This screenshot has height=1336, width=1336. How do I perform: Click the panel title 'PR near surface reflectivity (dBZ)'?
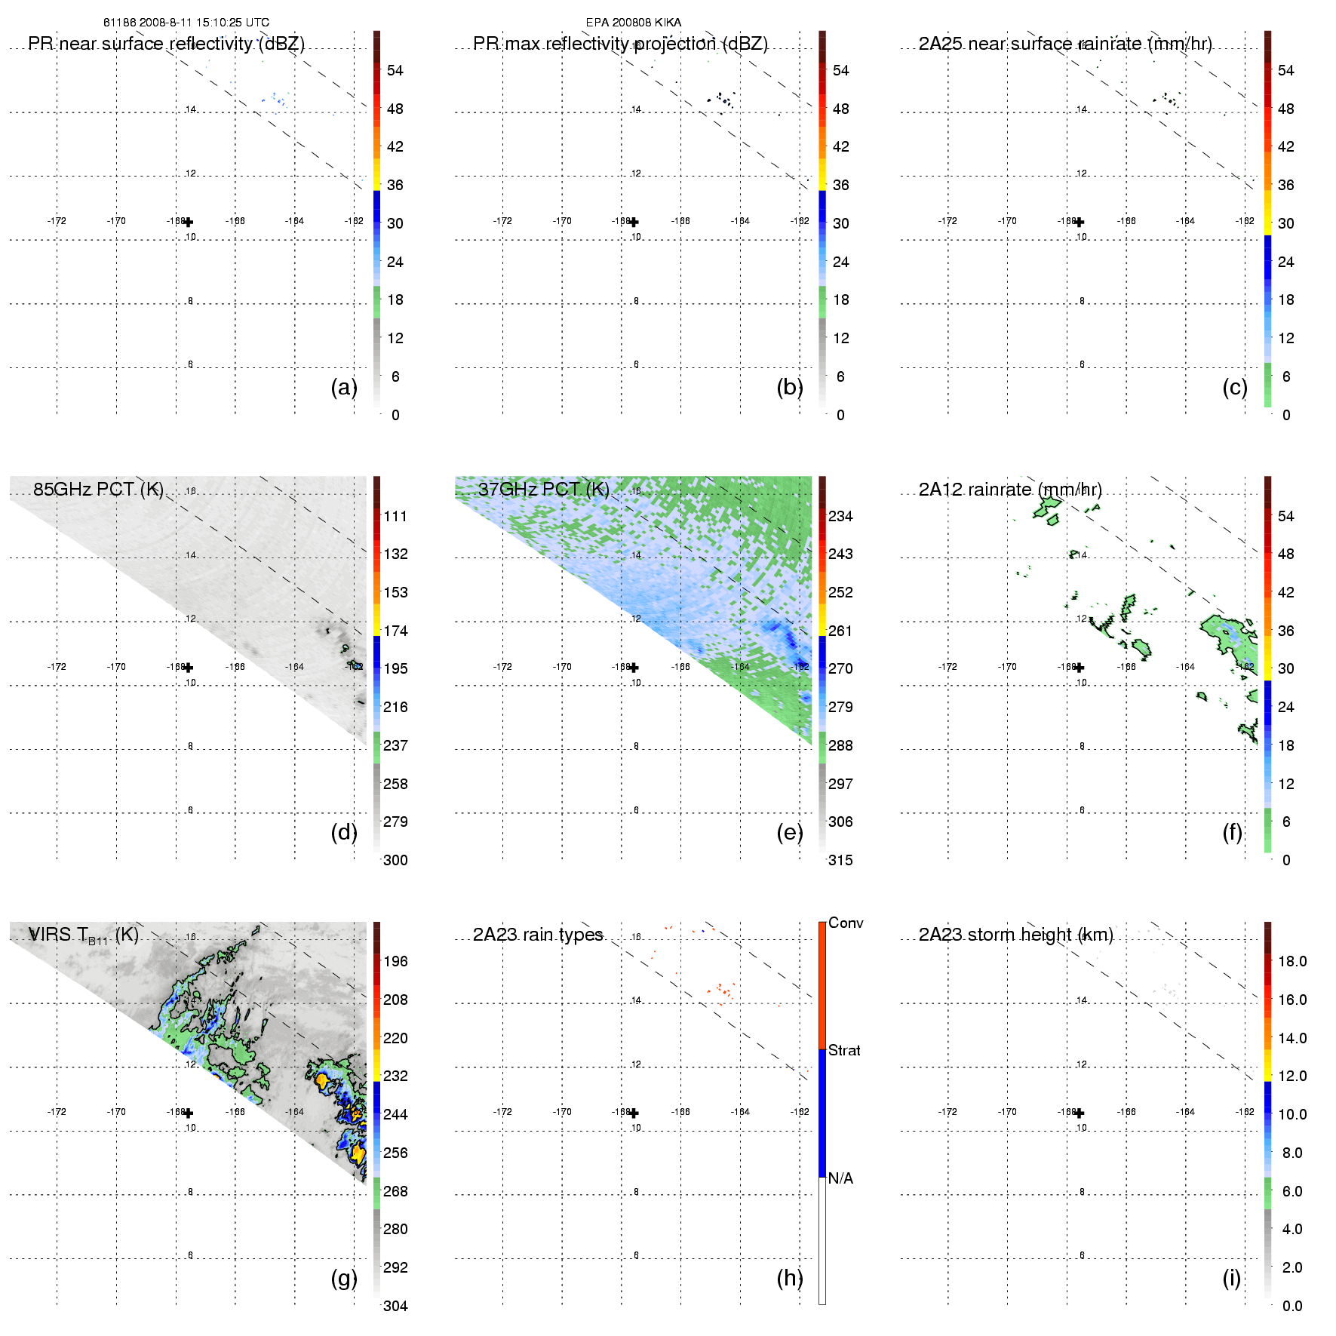166,44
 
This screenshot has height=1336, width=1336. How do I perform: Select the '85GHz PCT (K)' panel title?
98,489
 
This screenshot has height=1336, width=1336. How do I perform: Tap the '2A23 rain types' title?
538,935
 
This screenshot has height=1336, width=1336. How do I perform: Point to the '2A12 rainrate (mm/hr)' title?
1010,489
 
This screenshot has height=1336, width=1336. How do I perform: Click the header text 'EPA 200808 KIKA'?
634,23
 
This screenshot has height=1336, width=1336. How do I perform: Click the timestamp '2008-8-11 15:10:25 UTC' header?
204,23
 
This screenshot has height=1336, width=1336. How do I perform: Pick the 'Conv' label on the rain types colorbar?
846,923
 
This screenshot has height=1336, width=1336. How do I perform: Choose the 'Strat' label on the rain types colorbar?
844,1050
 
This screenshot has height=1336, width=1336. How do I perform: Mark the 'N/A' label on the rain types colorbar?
840,1178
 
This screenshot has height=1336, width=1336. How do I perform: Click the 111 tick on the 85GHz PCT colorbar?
395,516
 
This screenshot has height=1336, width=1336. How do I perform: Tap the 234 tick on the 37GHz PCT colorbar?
840,516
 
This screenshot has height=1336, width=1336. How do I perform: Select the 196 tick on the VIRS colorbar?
395,961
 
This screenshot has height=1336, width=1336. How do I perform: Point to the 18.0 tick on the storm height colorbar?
1292,961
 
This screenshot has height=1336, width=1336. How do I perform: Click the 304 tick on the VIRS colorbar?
395,1306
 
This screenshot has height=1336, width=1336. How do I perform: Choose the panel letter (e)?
790,832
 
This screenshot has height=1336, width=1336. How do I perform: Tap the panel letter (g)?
344,1278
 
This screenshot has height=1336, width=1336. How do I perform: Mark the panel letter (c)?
1235,387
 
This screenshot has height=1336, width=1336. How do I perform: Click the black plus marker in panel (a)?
189,222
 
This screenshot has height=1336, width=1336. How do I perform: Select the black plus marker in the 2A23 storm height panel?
1080,1113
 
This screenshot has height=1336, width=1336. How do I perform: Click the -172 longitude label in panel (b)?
502,221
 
